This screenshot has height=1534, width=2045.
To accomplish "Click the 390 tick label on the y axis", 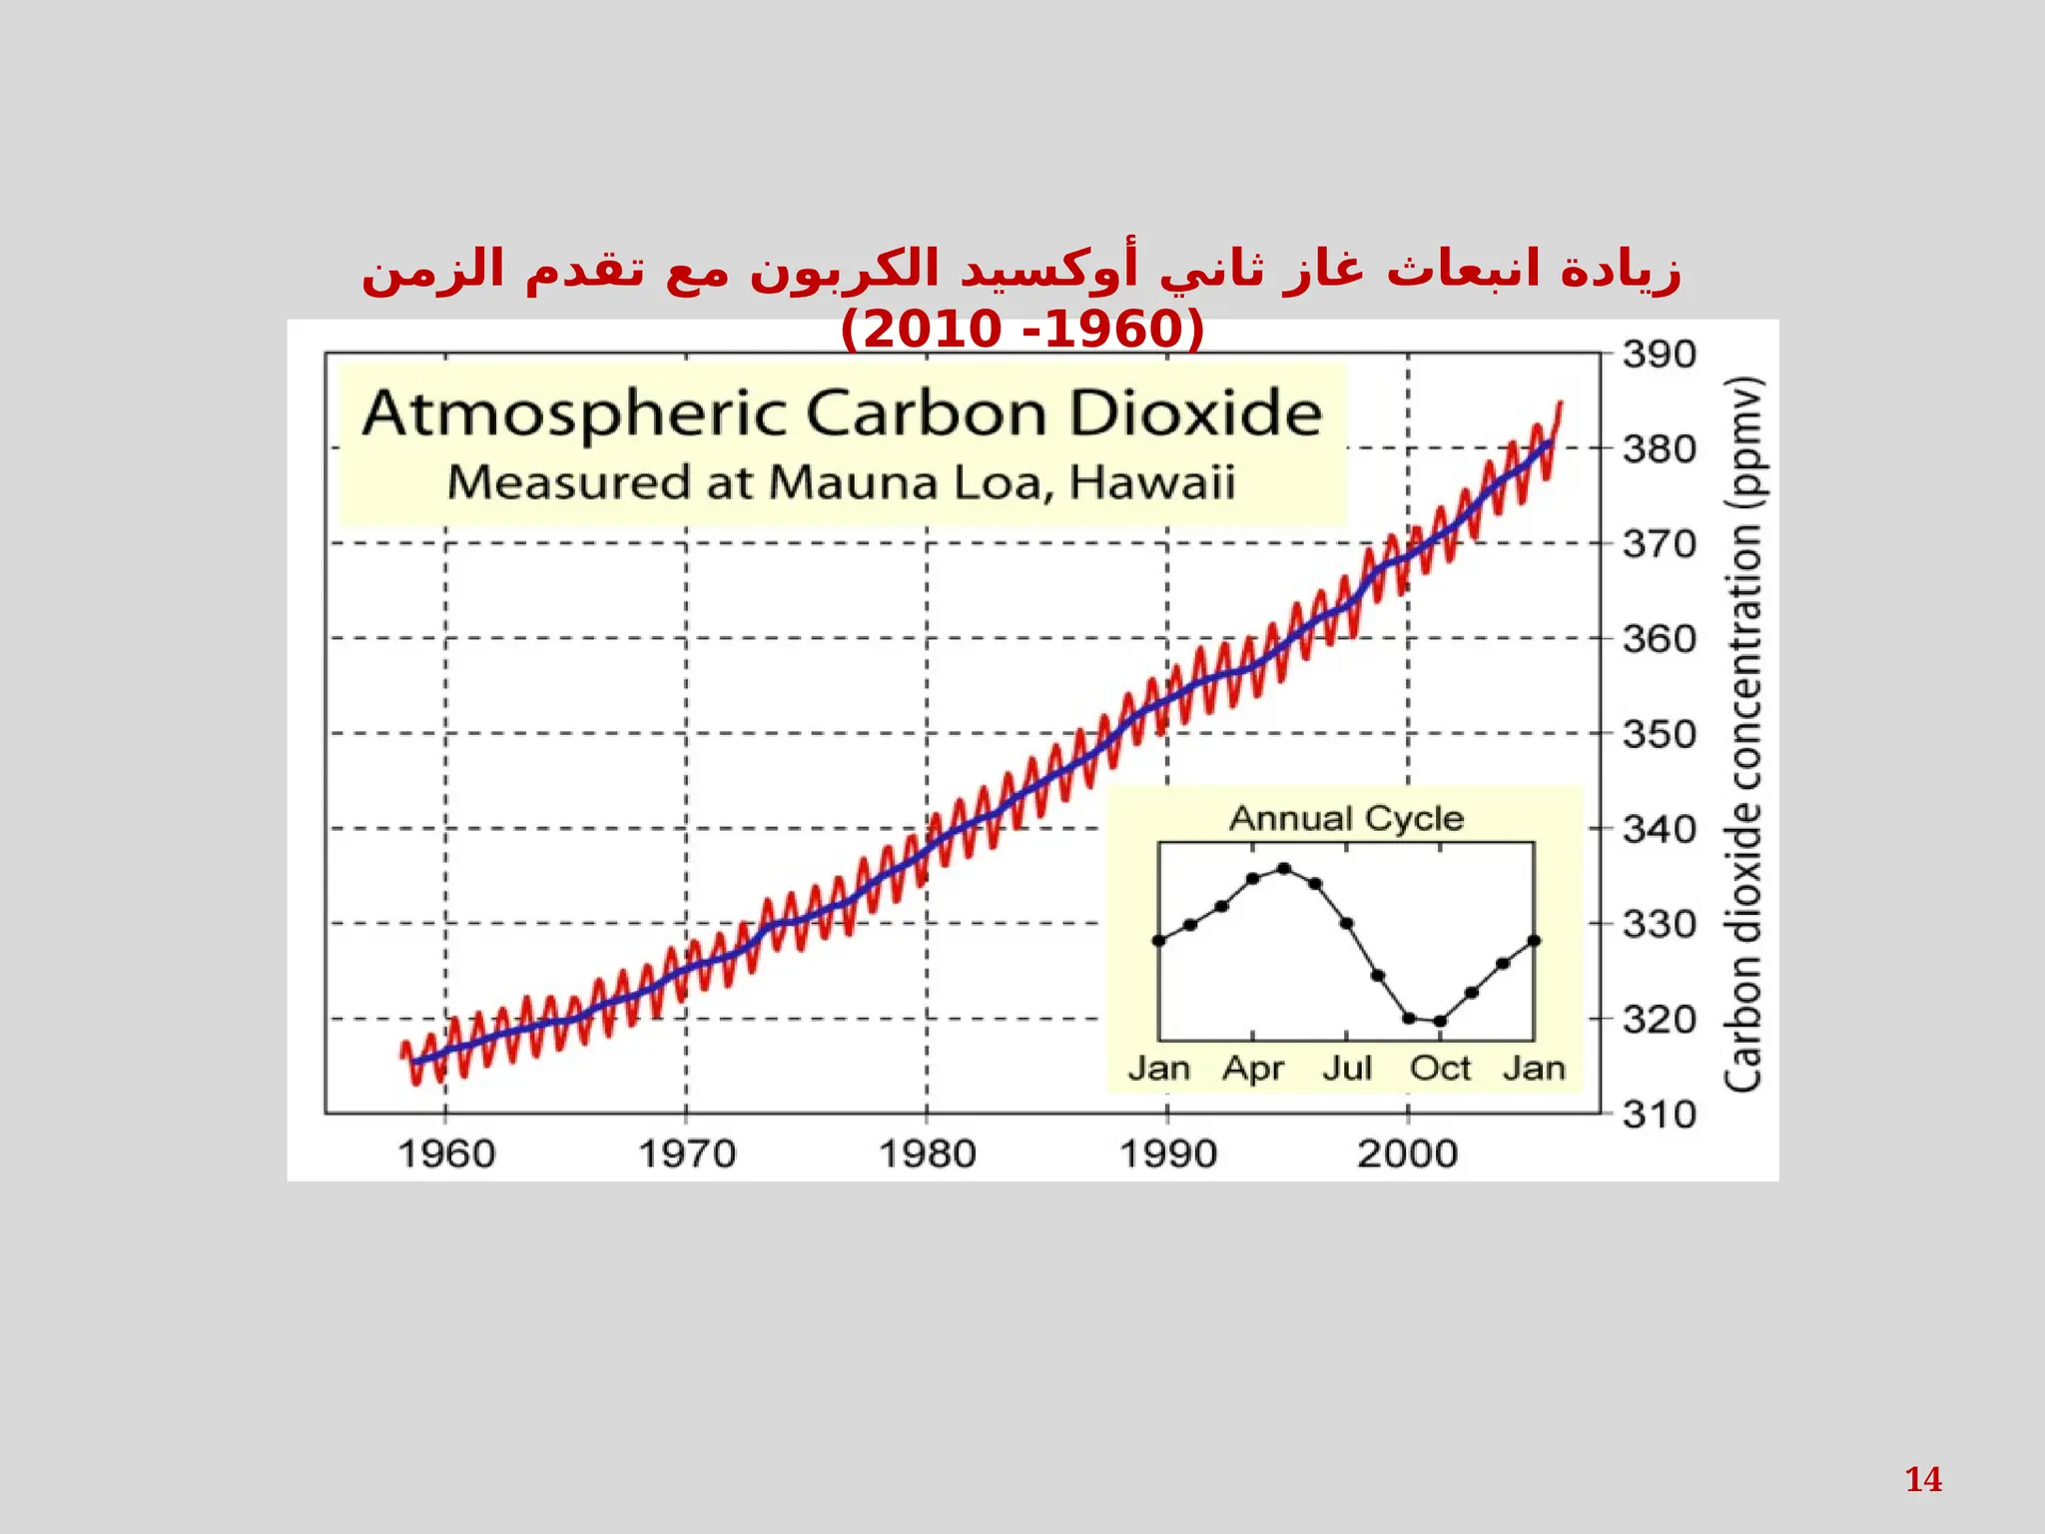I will coord(1659,355).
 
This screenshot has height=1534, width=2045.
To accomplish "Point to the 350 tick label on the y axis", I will coord(1659,734).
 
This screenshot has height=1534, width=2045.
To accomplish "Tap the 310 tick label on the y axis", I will coord(1659,1114).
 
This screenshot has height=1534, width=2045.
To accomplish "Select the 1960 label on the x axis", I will coord(446,1154).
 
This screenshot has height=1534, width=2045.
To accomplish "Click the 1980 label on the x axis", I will coord(927,1154).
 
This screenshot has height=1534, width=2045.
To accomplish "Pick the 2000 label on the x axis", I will coord(1407,1154).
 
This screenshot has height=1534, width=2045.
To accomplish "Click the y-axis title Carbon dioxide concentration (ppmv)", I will coord(1743,734).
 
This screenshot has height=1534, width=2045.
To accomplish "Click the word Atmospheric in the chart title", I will coord(574,414).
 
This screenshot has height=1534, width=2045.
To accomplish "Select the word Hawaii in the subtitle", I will coord(1152,482).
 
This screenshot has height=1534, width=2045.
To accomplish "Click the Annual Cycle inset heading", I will coord(1346,819).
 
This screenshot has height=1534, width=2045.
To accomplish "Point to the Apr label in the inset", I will coord(1252,1069).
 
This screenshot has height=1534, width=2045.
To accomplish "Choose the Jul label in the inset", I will coord(1347,1069).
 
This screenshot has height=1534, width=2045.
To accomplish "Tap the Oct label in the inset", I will coord(1440,1069).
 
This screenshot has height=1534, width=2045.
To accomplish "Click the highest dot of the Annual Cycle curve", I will coord(1284,869).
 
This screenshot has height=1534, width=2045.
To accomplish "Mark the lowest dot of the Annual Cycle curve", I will coord(1440,1021).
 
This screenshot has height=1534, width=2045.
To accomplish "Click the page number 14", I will coord(1923,1479).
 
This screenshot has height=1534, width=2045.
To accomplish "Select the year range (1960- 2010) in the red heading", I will coord(1022,330).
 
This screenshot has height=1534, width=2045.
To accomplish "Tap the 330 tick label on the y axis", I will coord(1659,925).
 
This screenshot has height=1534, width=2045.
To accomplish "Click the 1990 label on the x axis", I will coord(1167,1154).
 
